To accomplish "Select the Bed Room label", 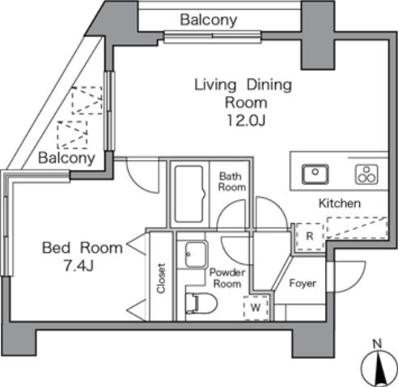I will coord(83,247).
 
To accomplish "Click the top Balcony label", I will coord(208,19).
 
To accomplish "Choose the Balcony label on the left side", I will coord(67,158).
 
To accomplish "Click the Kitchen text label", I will coord(338,203).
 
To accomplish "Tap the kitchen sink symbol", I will coord(314,173).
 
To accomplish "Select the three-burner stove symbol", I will coord(364,173).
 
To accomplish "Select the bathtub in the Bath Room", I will coord(191,194).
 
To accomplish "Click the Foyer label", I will coord(302,284).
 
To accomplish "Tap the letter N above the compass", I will coord(377,344).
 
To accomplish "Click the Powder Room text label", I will coord(227,279).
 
